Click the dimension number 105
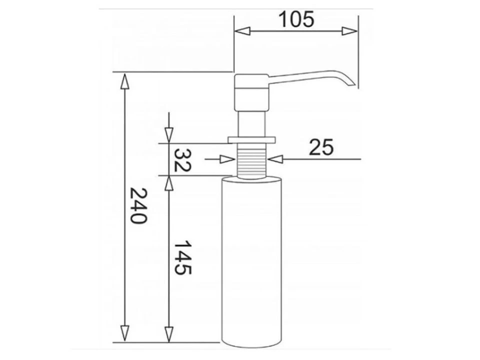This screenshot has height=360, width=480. click(296, 19)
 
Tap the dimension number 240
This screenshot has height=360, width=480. click(138, 205)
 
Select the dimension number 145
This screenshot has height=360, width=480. click(182, 257)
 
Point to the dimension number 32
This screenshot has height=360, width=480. click(182, 160)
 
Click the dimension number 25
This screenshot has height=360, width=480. click(321, 147)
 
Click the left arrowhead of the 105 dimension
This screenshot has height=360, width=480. click(242, 31)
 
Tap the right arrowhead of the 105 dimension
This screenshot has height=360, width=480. click(349, 31)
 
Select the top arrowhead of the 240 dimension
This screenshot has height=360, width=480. click(124, 81)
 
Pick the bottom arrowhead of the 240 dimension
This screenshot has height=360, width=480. click(124, 333)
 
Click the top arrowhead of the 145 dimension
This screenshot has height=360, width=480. click(169, 184)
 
